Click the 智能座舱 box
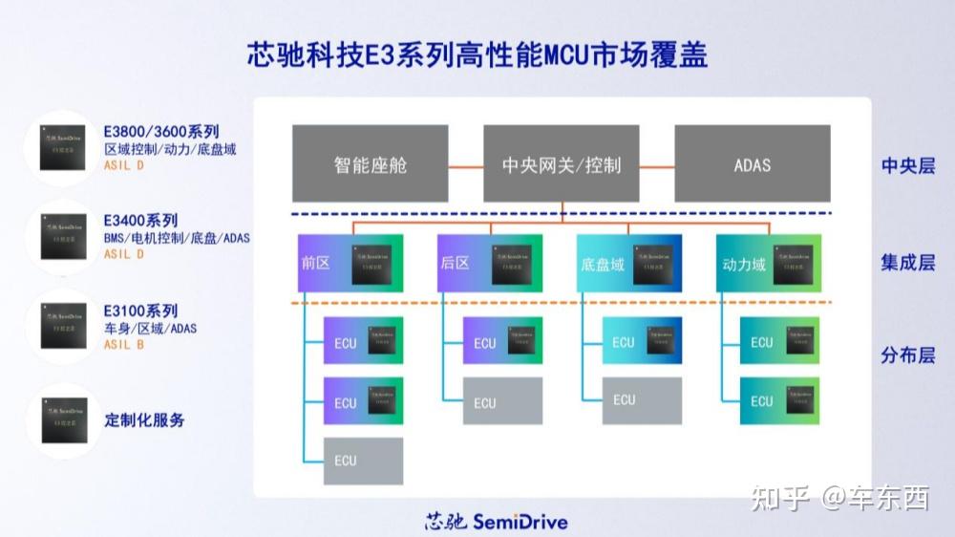coord(371,164)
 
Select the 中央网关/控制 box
coord(562,164)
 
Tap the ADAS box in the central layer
coord(753,164)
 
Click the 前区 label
coord(315,263)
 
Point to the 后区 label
coord(455,263)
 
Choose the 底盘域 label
coord(602,264)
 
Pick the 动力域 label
coord(744,264)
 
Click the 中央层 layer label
coord(907,165)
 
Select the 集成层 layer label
coord(907,263)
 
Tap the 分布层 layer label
coord(907,355)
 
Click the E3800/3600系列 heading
coord(161,132)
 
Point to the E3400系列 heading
coord(140,221)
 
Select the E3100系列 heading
coord(140,311)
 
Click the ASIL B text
coord(124,345)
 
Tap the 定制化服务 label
coord(144,420)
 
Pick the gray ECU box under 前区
coord(363,461)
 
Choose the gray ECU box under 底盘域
coord(642,400)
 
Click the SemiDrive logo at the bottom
coord(497,522)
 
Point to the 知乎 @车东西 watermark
coord(840,498)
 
